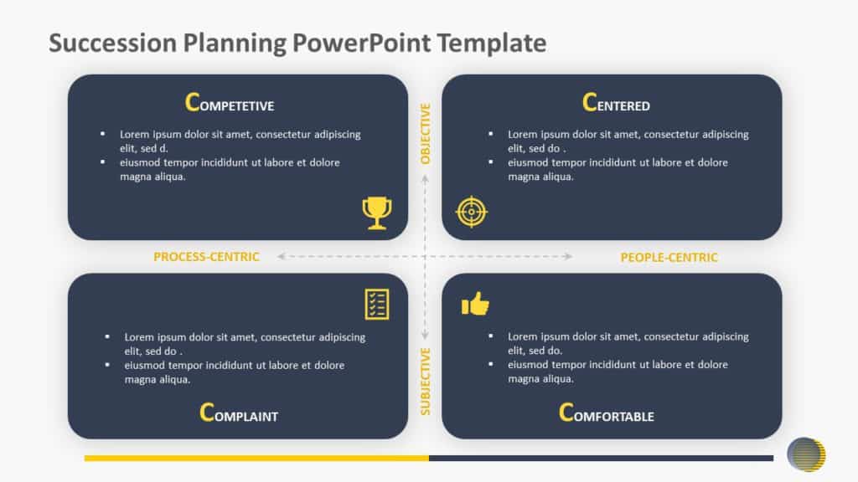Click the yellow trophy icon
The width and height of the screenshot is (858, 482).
pyautogui.click(x=376, y=213)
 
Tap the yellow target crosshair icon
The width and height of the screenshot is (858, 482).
pyautogui.click(x=471, y=212)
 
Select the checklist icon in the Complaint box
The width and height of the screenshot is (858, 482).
pyautogui.click(x=377, y=304)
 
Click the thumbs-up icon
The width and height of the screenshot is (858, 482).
pyautogui.click(x=475, y=305)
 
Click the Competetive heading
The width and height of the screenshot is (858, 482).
pyautogui.click(x=229, y=104)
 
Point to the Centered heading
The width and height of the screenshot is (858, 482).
pyautogui.click(x=616, y=104)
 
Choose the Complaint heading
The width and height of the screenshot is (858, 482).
pyautogui.click(x=239, y=413)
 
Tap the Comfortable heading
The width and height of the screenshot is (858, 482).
pyautogui.click(x=606, y=413)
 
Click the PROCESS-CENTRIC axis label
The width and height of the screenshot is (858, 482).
pyautogui.click(x=206, y=257)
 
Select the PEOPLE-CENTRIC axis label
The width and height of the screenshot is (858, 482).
pyautogui.click(x=669, y=258)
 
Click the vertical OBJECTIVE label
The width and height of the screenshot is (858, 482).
pyautogui.click(x=426, y=133)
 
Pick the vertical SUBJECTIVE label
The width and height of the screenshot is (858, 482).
pyautogui.click(x=426, y=382)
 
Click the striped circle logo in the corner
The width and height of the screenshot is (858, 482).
pyautogui.click(x=806, y=454)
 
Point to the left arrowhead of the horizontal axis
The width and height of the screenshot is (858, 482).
pyautogui.click(x=282, y=257)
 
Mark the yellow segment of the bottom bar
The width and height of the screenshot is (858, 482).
pyautogui.click(x=256, y=458)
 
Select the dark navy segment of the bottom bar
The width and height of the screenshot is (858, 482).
pyautogui.click(x=601, y=458)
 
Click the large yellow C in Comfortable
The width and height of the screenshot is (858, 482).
pyautogui.click(x=566, y=412)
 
